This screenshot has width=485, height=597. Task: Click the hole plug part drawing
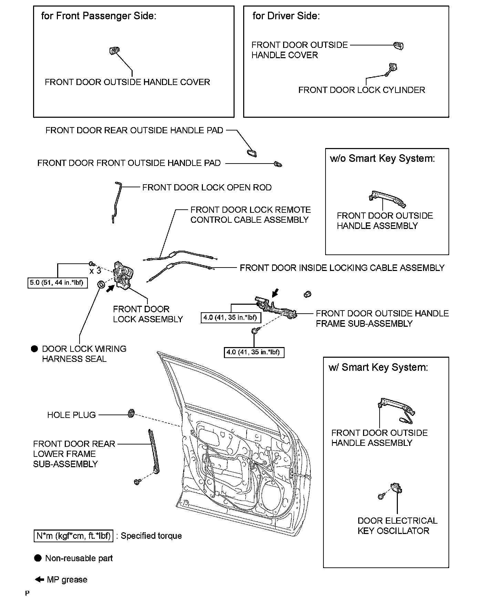(131, 413)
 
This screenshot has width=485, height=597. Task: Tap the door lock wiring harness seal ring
(102, 285)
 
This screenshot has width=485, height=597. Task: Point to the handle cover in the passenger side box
(113, 51)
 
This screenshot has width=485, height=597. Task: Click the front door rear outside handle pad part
(251, 153)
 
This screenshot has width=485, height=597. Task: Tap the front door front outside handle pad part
(278, 164)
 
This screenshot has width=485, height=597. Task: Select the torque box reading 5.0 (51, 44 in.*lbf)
(58, 283)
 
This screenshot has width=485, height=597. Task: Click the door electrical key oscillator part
(396, 489)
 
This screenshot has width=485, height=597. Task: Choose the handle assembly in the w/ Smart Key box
(396, 406)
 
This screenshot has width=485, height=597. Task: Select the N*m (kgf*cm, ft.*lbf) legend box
(73, 536)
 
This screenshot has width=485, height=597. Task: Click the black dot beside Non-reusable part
(38, 558)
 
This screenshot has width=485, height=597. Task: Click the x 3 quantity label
(95, 271)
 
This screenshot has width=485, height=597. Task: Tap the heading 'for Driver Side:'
(286, 16)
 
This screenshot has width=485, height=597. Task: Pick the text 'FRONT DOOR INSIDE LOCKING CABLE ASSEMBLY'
(342, 268)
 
